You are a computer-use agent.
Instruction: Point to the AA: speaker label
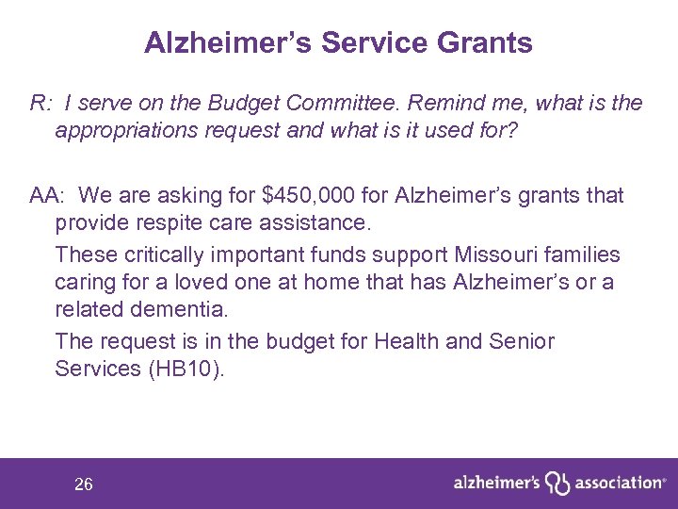[49, 195]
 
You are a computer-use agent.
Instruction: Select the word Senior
[520, 340]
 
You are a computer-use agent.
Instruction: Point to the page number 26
[84, 484]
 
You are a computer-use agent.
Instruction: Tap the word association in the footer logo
[616, 483]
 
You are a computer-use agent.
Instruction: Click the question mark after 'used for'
[511, 129]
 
